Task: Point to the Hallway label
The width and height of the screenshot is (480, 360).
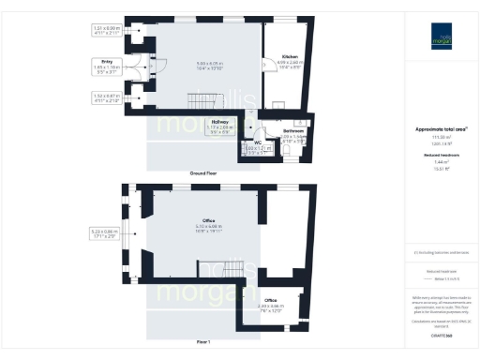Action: (219, 122)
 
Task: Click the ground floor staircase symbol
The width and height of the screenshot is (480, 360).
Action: (202, 99)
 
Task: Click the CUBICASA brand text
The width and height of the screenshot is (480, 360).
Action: (438, 333)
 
